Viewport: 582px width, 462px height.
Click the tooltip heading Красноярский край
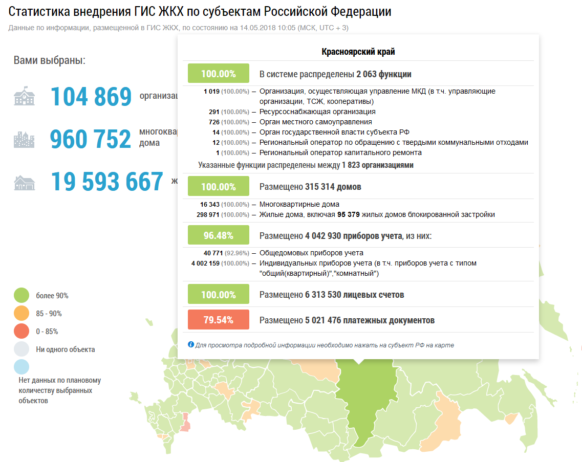[358, 52]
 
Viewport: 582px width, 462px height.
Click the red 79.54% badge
[219, 320]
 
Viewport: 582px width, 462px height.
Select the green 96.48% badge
[219, 235]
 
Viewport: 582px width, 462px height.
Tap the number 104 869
[91, 97]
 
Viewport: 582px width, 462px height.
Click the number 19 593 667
[107, 182]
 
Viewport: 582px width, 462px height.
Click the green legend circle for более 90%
[21, 296]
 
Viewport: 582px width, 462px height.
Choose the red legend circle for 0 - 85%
[21, 332]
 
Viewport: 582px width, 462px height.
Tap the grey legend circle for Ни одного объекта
[21, 349]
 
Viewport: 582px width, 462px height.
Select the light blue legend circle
[21, 367]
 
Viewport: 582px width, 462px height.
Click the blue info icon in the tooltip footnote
[191, 345]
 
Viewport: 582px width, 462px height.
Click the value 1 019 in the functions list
[211, 92]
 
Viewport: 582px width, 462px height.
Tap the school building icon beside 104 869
[24, 97]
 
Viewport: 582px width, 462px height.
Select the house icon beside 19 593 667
[24, 182]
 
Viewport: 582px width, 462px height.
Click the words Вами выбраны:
[50, 60]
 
